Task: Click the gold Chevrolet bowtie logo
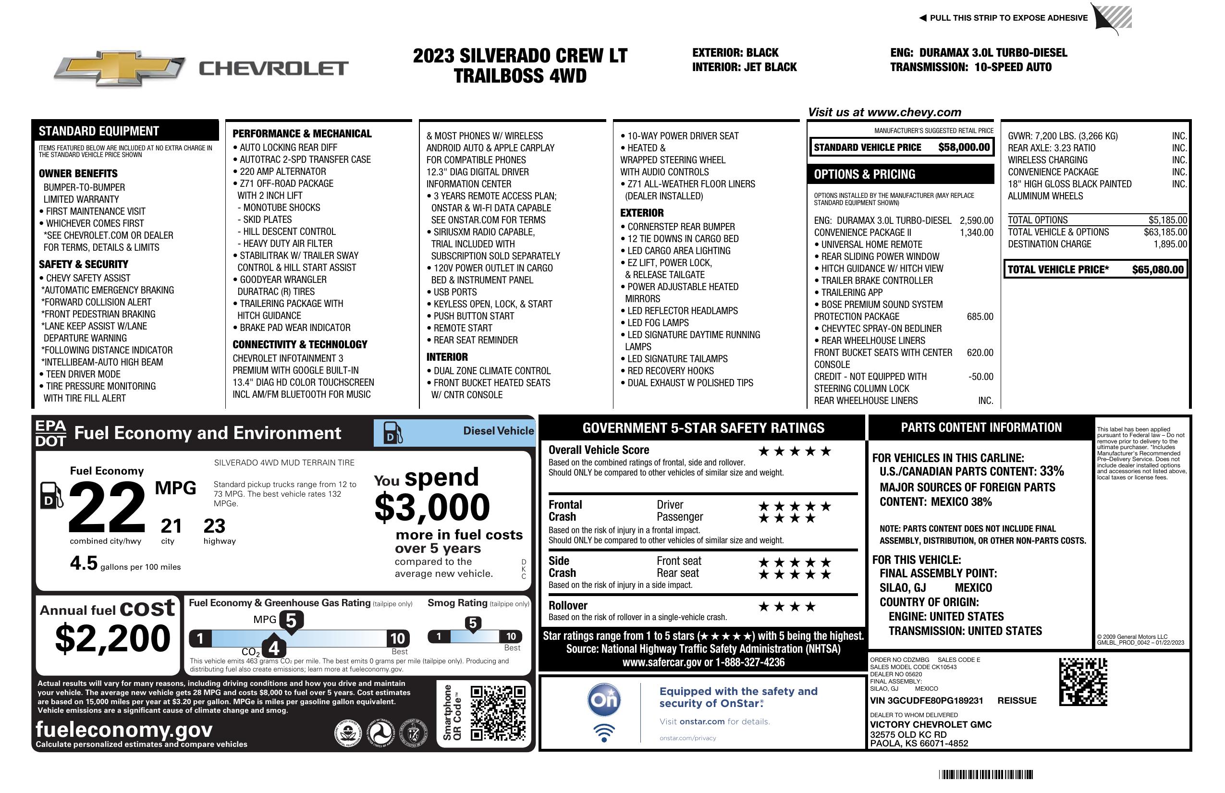[x=120, y=68]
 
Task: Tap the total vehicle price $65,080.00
[x=1158, y=269]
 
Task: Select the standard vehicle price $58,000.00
[x=964, y=147]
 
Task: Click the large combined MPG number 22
[x=107, y=507]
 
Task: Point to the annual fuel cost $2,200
[x=112, y=639]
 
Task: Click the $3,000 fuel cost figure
[x=432, y=507]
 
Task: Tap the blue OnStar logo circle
[x=604, y=700]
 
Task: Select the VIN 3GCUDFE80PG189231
[x=927, y=701]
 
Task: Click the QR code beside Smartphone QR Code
[x=498, y=712]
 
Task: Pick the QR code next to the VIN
[x=1083, y=682]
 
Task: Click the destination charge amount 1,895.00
[x=1170, y=244]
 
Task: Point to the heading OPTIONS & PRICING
[x=865, y=174]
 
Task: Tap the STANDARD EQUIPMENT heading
[x=99, y=131]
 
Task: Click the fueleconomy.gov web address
[x=124, y=730]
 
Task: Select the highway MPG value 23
[x=214, y=526]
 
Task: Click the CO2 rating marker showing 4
[x=274, y=648]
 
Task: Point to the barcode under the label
[x=986, y=774]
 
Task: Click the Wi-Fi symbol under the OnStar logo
[x=604, y=733]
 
